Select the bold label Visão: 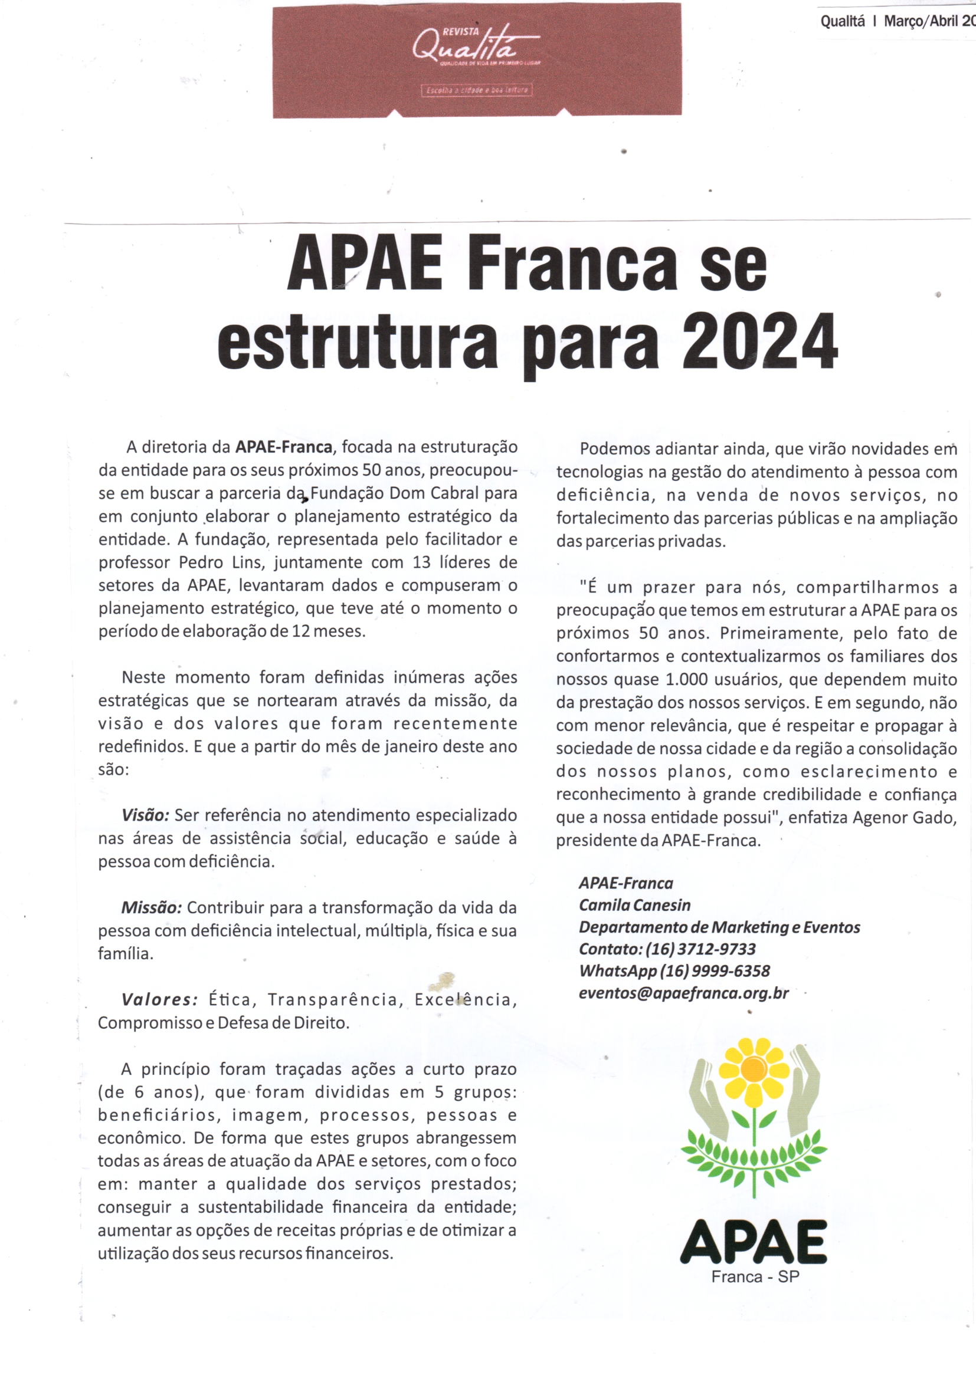(x=146, y=815)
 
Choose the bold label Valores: (x=159, y=1000)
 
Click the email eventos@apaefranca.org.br (x=683, y=993)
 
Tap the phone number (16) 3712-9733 (x=700, y=949)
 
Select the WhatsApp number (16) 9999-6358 (x=715, y=971)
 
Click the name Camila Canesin (x=635, y=905)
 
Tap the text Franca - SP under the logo (x=755, y=1277)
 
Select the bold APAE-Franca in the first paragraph (x=284, y=447)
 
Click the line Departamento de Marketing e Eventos (x=719, y=927)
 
